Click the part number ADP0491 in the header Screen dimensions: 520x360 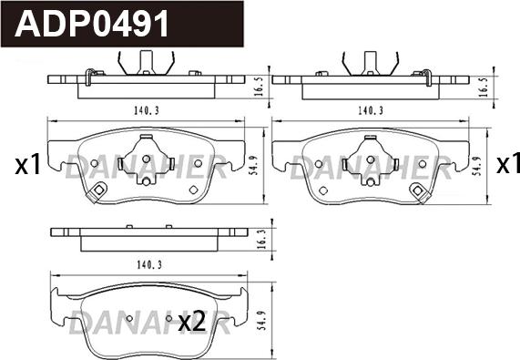pyautogui.click(x=92, y=24)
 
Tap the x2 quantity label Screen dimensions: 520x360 pyautogui.click(x=191, y=322)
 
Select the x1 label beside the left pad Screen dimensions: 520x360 pyautogui.click(x=27, y=165)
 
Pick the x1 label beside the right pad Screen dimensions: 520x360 pyautogui.click(x=508, y=164)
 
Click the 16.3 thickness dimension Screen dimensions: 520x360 pyautogui.click(x=261, y=239)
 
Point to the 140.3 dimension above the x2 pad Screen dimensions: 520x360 pyautogui.click(x=149, y=265)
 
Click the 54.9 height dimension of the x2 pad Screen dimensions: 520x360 pyautogui.click(x=261, y=320)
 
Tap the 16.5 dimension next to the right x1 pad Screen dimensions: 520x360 pyautogui.click(x=484, y=87)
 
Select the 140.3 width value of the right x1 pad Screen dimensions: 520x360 pyautogui.click(x=371, y=110)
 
